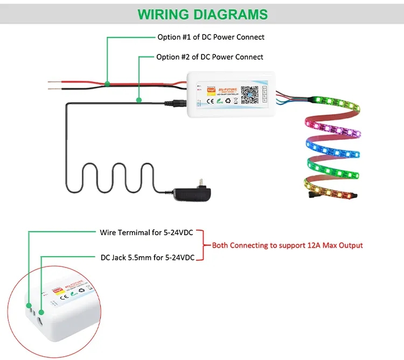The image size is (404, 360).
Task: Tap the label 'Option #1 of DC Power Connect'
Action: tap(211, 37)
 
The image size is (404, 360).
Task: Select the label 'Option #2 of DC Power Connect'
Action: tap(210, 57)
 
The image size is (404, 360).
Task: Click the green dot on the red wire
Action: tap(108, 83)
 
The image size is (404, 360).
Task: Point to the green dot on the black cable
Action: tap(139, 100)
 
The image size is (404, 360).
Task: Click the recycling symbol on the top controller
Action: tap(228, 100)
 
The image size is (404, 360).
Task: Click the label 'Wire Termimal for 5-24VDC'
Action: tap(147, 232)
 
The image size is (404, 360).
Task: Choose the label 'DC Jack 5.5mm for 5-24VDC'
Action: tap(148, 257)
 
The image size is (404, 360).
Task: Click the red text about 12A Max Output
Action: tap(287, 245)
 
